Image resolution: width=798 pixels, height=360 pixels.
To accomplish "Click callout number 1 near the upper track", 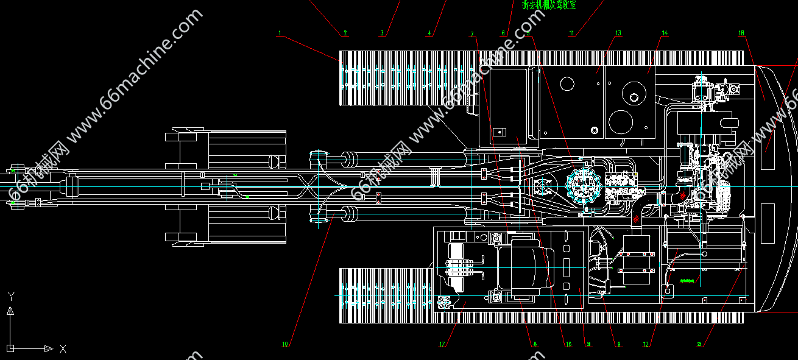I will coord(280,33).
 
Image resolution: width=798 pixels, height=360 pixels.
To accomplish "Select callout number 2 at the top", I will coord(345,34).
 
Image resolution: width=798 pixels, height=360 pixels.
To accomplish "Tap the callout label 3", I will coord(382,34).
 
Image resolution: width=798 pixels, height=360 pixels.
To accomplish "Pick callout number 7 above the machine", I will coord(472,34).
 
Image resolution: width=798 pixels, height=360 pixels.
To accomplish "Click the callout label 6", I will coord(504,34).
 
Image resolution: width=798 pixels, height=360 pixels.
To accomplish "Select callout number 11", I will coord(571,34).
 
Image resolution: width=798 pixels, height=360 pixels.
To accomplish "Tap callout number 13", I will coord(618,33).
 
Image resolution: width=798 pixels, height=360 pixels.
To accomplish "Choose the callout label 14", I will coord(665,33).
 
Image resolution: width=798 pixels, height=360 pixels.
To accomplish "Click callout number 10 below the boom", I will coord(284,344).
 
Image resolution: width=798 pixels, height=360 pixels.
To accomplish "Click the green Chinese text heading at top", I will coord(548,5).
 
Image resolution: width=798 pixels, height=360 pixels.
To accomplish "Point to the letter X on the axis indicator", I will coord(63,349).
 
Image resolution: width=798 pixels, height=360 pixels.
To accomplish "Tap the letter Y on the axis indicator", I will coord(10,297).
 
